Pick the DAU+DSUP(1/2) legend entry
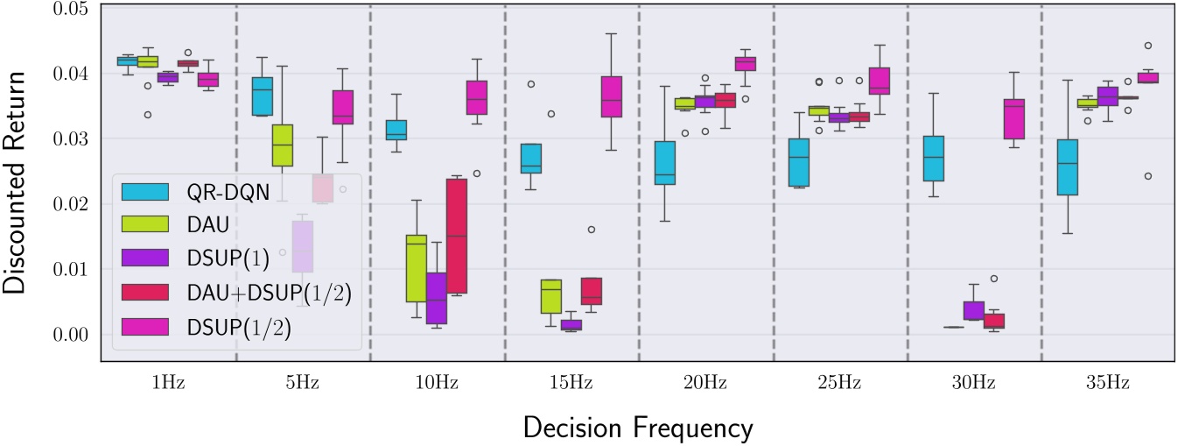point(263,294)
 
